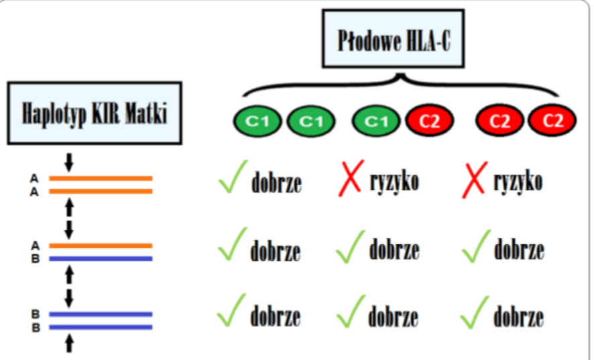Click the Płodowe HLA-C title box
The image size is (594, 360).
tap(393, 38)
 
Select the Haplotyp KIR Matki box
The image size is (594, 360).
tap(95, 113)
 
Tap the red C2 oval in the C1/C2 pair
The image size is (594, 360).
tap(429, 121)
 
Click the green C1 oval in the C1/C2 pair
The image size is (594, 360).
tap(376, 121)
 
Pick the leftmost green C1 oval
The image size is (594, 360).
tap(257, 121)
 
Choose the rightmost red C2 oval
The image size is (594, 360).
tap(552, 121)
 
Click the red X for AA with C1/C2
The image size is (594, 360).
tap(350, 180)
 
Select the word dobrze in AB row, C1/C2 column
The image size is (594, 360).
tap(394, 250)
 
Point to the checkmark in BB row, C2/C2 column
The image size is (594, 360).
tap(476, 312)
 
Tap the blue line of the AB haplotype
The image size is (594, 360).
tap(101, 259)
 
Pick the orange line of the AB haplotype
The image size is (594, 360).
tap(101, 246)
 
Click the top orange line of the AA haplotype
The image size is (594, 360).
tap(101, 178)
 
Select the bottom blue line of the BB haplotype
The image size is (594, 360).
tap(101, 326)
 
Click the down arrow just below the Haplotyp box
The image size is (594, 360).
tap(68, 162)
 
